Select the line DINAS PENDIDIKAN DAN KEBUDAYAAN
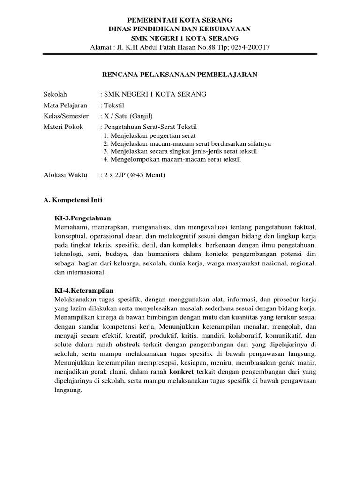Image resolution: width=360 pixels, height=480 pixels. (x=180, y=29)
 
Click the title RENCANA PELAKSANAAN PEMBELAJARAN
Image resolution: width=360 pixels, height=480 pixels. (x=180, y=74)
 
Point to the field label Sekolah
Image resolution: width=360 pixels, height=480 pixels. (x=55, y=94)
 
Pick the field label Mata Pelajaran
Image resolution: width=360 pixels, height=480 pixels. (x=65, y=105)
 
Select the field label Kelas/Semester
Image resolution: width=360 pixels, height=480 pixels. (x=66, y=116)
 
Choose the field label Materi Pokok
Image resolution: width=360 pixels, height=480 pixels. (x=62, y=127)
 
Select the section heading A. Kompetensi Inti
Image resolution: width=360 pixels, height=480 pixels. (x=72, y=200)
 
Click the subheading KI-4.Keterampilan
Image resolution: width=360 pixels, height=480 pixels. (x=84, y=290)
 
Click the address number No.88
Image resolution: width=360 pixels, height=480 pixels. (x=203, y=47)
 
